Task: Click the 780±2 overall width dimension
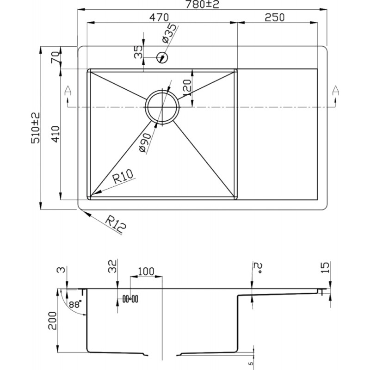point(202,4)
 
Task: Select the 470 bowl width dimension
point(160,17)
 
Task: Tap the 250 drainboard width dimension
point(275,17)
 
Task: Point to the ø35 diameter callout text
point(169,33)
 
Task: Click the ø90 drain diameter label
point(145,142)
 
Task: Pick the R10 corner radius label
point(123,177)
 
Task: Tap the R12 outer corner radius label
point(116,224)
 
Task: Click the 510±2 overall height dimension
point(36,128)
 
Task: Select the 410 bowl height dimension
point(56,134)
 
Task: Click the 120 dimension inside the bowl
point(187,88)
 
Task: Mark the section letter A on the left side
point(68,91)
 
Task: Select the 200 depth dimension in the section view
point(52,321)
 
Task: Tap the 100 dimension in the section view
point(146,271)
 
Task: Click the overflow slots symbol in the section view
point(130,299)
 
